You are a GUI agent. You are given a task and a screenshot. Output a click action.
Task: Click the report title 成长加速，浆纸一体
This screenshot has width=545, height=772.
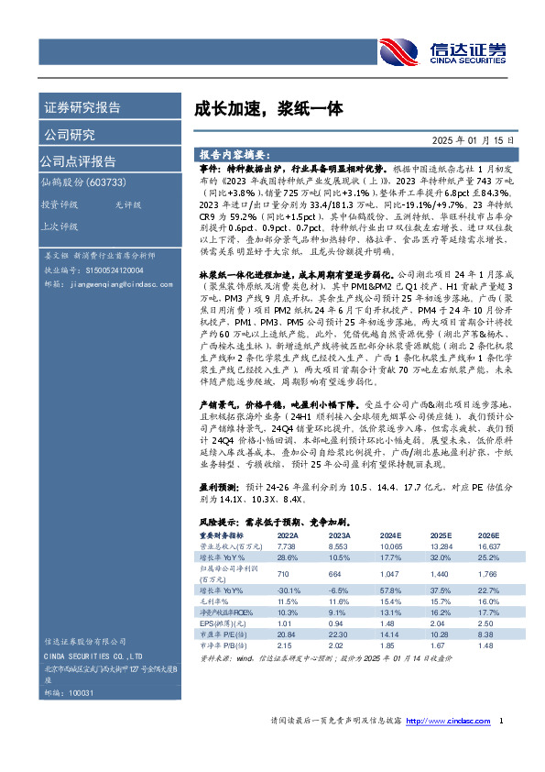(x=255, y=108)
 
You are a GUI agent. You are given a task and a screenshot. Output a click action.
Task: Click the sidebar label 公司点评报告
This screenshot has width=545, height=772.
(x=77, y=161)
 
